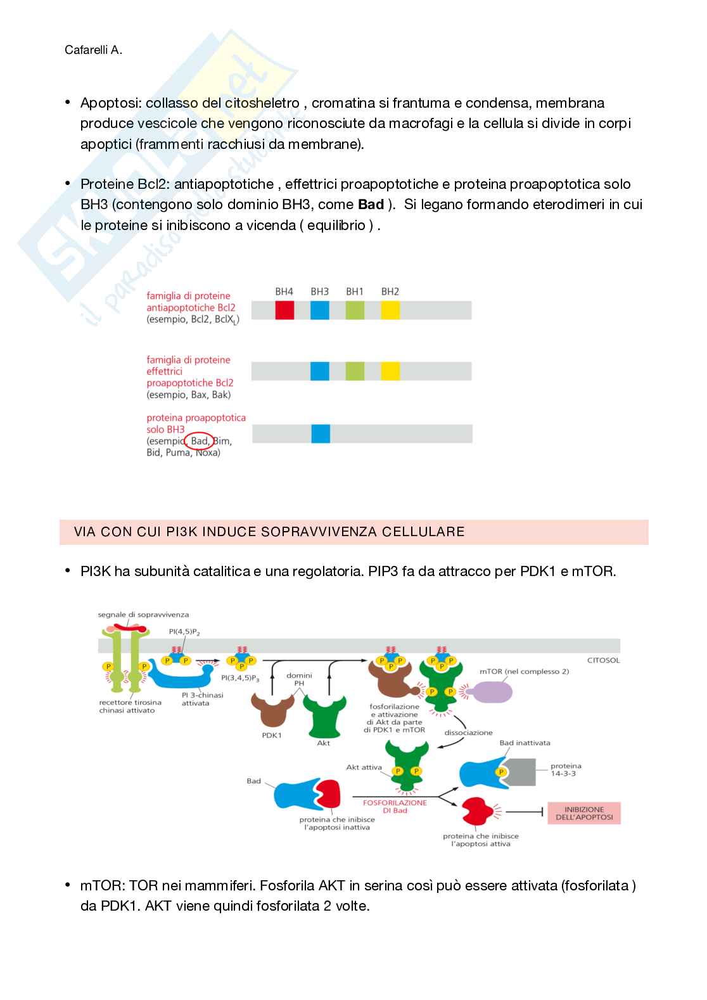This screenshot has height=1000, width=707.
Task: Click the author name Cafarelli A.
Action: tap(93, 50)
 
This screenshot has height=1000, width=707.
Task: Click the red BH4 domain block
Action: tap(284, 310)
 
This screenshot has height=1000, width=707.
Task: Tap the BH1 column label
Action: tap(355, 292)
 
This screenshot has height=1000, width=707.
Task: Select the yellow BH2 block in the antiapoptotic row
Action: tap(390, 310)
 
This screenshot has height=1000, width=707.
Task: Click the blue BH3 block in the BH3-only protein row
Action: tap(321, 434)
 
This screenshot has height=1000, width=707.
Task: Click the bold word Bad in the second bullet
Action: tap(371, 205)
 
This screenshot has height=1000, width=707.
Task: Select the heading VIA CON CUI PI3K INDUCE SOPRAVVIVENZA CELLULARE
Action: tap(269, 532)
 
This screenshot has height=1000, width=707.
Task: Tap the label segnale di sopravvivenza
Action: tap(143, 615)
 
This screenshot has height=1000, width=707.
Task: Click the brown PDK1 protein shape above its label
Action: tap(272, 710)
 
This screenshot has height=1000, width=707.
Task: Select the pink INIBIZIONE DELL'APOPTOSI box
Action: tap(584, 813)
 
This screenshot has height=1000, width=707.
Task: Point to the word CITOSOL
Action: tap(603, 660)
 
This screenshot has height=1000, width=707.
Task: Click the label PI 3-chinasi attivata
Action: tap(202, 699)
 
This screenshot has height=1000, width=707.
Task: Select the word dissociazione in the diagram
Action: tap(468, 732)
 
